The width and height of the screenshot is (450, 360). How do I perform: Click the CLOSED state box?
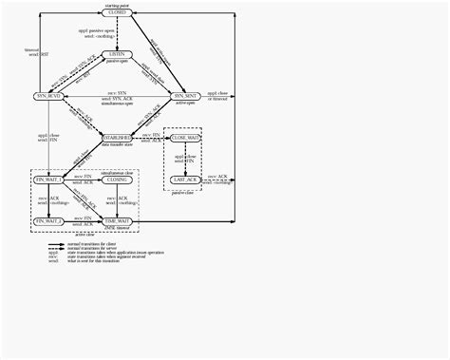click(x=117, y=12)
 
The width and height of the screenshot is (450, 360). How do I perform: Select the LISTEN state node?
click(x=117, y=54)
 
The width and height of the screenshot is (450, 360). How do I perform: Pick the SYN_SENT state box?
click(x=184, y=96)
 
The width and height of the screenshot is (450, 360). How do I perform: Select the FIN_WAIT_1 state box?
click(x=48, y=179)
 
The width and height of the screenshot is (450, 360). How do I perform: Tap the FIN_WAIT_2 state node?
click(x=48, y=220)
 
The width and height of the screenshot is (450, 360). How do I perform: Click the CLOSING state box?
click(x=117, y=179)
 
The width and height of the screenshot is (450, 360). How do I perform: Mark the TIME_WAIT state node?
click(x=117, y=220)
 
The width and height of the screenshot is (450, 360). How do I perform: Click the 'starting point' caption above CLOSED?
click(x=117, y=4)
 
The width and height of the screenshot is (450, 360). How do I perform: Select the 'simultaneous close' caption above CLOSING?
click(x=117, y=171)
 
